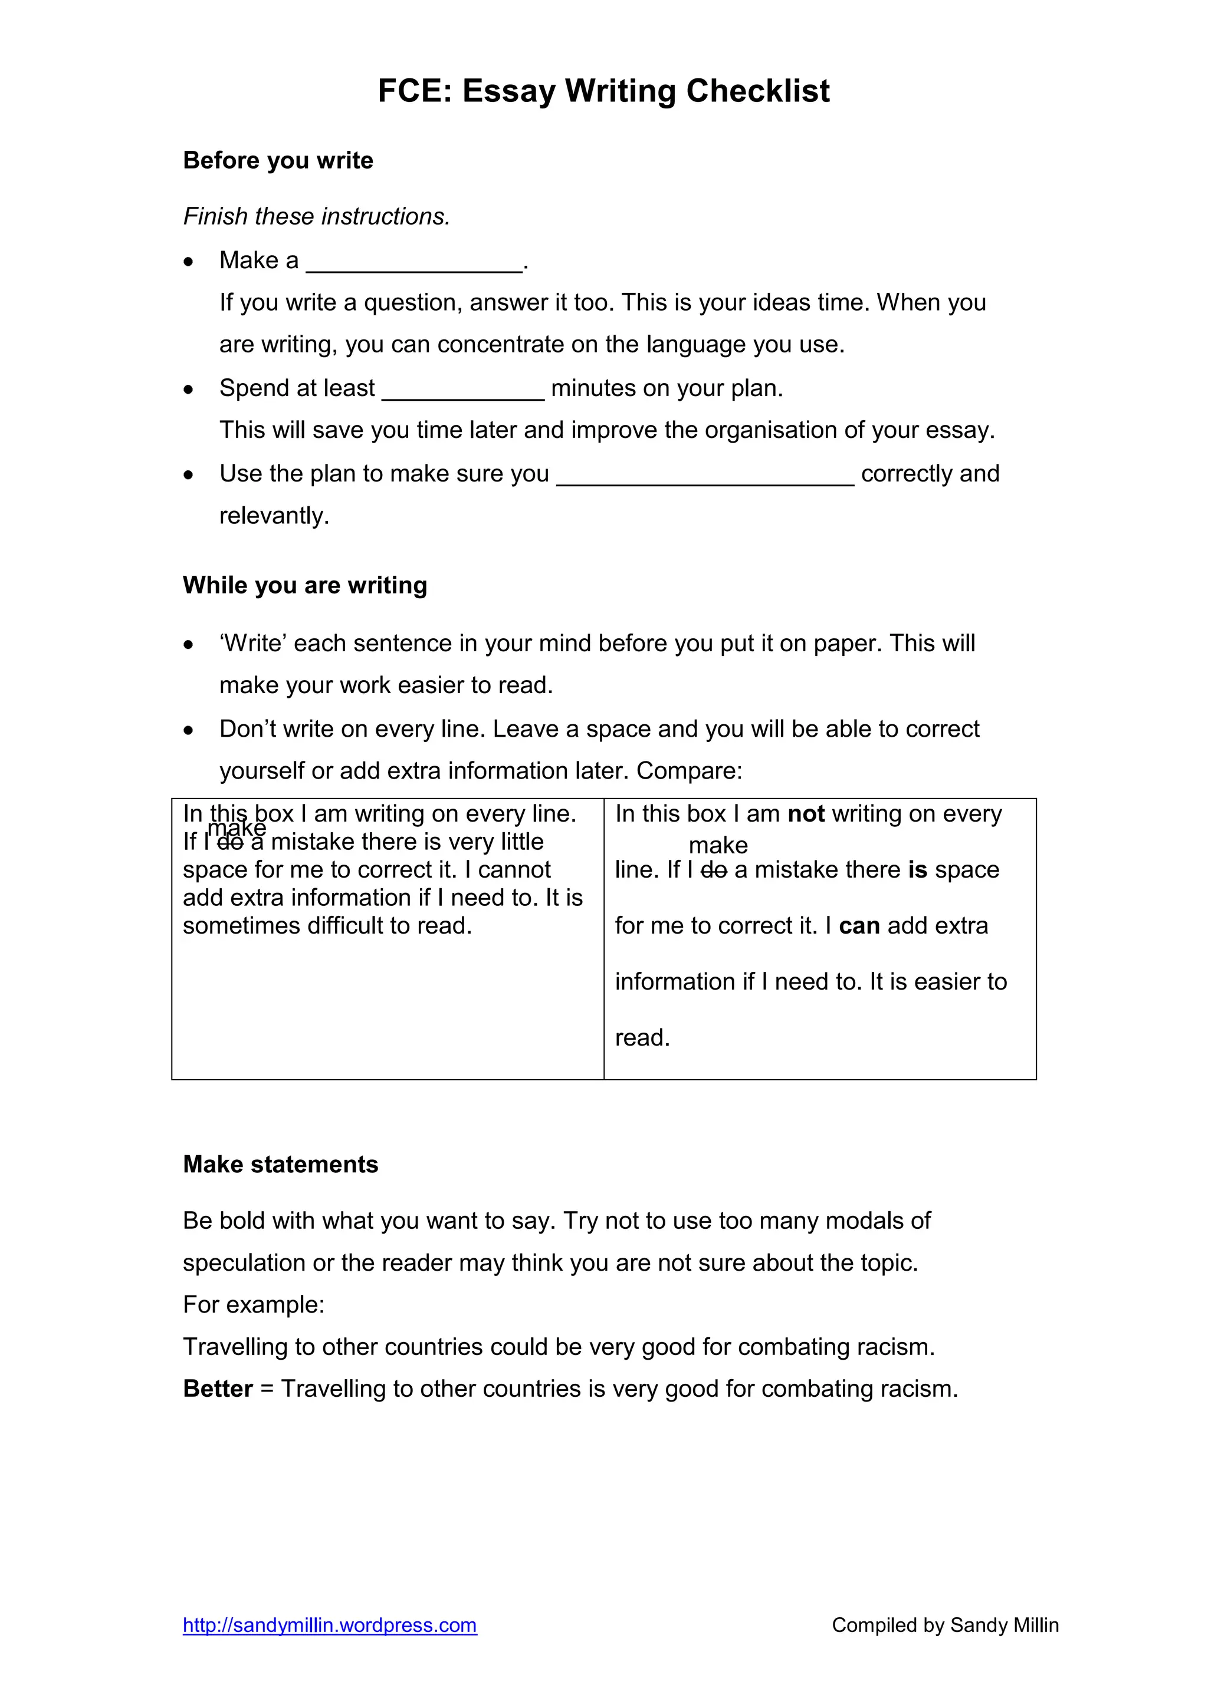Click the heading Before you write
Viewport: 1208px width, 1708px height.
pyautogui.click(x=278, y=161)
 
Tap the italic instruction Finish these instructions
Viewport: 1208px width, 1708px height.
pyautogui.click(x=316, y=216)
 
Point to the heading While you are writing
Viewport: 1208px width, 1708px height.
pyautogui.click(x=305, y=585)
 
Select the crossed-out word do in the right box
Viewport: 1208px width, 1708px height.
pyautogui.click(x=714, y=870)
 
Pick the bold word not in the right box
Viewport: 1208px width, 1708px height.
pyautogui.click(x=806, y=814)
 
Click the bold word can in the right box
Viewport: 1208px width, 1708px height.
pyautogui.click(x=859, y=926)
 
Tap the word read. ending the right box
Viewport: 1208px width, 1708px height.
pyautogui.click(x=642, y=1038)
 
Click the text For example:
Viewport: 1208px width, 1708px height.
pyautogui.click(x=254, y=1305)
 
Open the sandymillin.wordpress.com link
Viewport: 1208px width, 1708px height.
pyautogui.click(x=330, y=1625)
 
